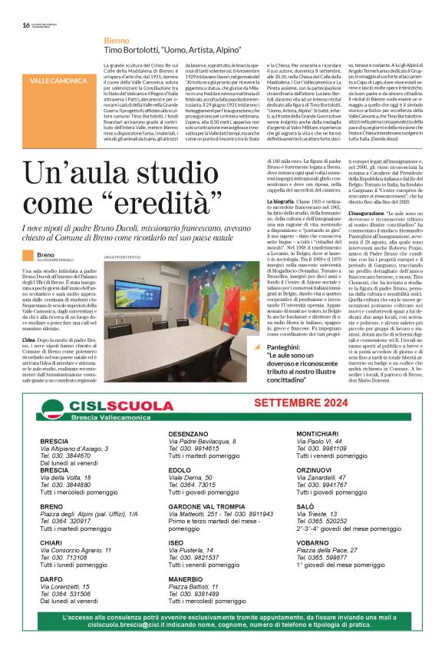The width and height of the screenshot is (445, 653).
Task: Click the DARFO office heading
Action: [x=52, y=578]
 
